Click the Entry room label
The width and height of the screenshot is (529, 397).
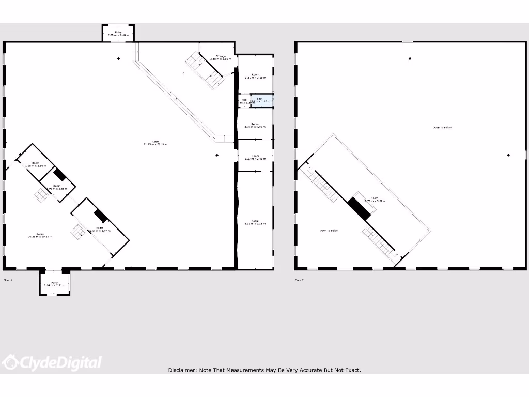[118, 33]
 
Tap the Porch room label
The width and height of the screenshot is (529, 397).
[54, 283]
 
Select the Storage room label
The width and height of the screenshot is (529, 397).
[221, 56]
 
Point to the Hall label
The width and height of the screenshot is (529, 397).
[244, 100]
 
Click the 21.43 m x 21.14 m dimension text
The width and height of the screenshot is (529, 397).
[155, 144]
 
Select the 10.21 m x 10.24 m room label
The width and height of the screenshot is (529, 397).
[40, 236]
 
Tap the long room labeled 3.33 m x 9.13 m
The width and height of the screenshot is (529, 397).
[255, 222]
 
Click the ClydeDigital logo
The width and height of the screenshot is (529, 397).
[52, 362]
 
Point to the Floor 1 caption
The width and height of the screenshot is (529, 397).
[8, 280]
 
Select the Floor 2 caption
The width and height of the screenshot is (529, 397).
[299, 280]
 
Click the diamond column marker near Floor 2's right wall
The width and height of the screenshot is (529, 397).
[508, 155]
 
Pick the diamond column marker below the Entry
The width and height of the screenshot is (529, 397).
[118, 58]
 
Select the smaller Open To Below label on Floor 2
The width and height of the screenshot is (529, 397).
[329, 231]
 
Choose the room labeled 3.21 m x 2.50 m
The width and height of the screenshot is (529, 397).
[255, 76]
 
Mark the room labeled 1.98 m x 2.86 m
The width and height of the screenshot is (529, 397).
[36, 164]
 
